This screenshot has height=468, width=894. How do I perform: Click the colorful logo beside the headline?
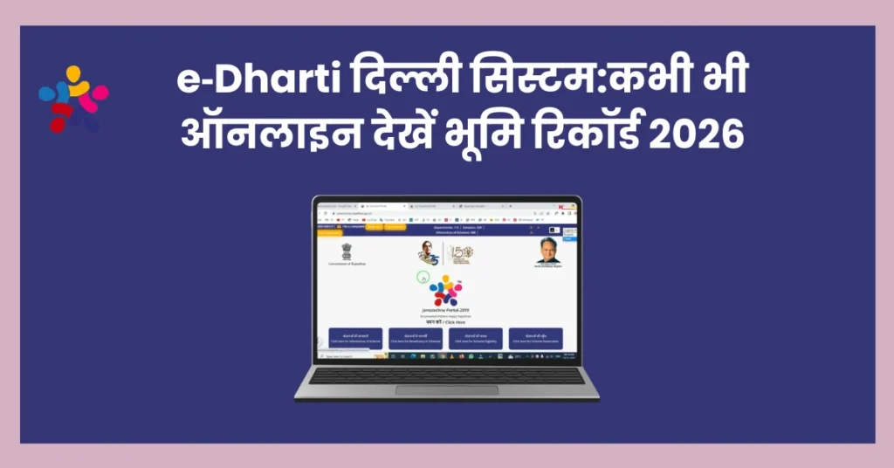point(73,99)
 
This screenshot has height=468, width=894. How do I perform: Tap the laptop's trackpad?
point(446,390)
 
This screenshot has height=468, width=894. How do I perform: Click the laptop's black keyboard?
point(446,375)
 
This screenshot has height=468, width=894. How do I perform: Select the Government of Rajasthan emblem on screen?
point(347,252)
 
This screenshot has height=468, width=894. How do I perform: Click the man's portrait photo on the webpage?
point(547,250)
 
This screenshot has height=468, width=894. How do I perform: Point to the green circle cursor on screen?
point(423,278)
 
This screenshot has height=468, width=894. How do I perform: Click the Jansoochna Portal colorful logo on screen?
point(446,290)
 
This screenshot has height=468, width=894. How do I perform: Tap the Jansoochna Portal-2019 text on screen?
point(446,309)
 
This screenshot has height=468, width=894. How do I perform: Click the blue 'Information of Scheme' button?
point(355,339)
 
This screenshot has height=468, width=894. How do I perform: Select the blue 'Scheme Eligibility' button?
point(476,339)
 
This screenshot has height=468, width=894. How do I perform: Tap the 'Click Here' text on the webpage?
point(456,321)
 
